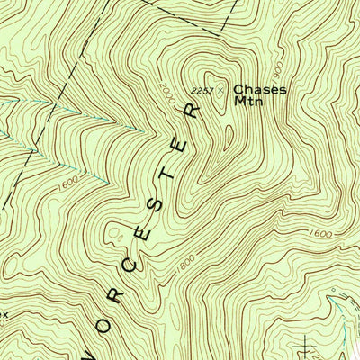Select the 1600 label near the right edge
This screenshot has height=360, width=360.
[x=319, y=234]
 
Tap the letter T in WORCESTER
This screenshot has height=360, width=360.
[x=171, y=174]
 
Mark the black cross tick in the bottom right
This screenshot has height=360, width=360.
[x=307, y=343]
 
